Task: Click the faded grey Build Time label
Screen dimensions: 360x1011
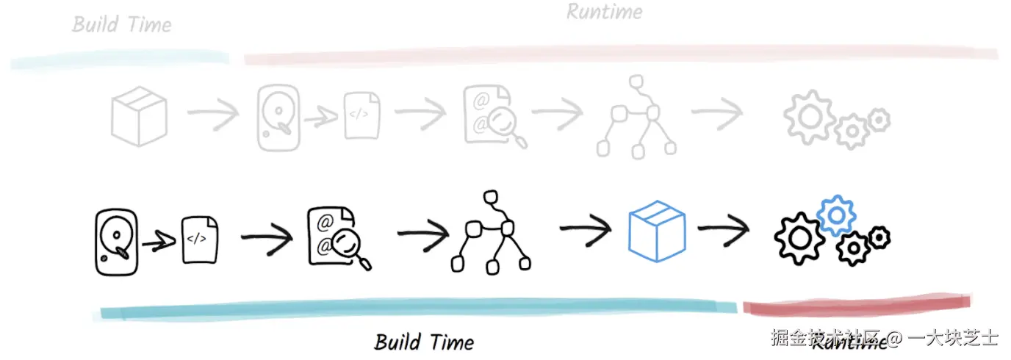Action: [122, 24]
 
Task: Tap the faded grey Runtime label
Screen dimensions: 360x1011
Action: [604, 12]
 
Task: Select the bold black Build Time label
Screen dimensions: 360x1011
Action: [424, 342]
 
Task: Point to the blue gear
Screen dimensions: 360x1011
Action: [836, 215]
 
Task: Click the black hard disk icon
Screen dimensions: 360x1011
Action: [116, 242]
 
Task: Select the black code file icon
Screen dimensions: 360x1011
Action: [199, 239]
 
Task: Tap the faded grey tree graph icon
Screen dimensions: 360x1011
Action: [636, 117]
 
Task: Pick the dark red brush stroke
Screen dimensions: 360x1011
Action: [856, 303]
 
